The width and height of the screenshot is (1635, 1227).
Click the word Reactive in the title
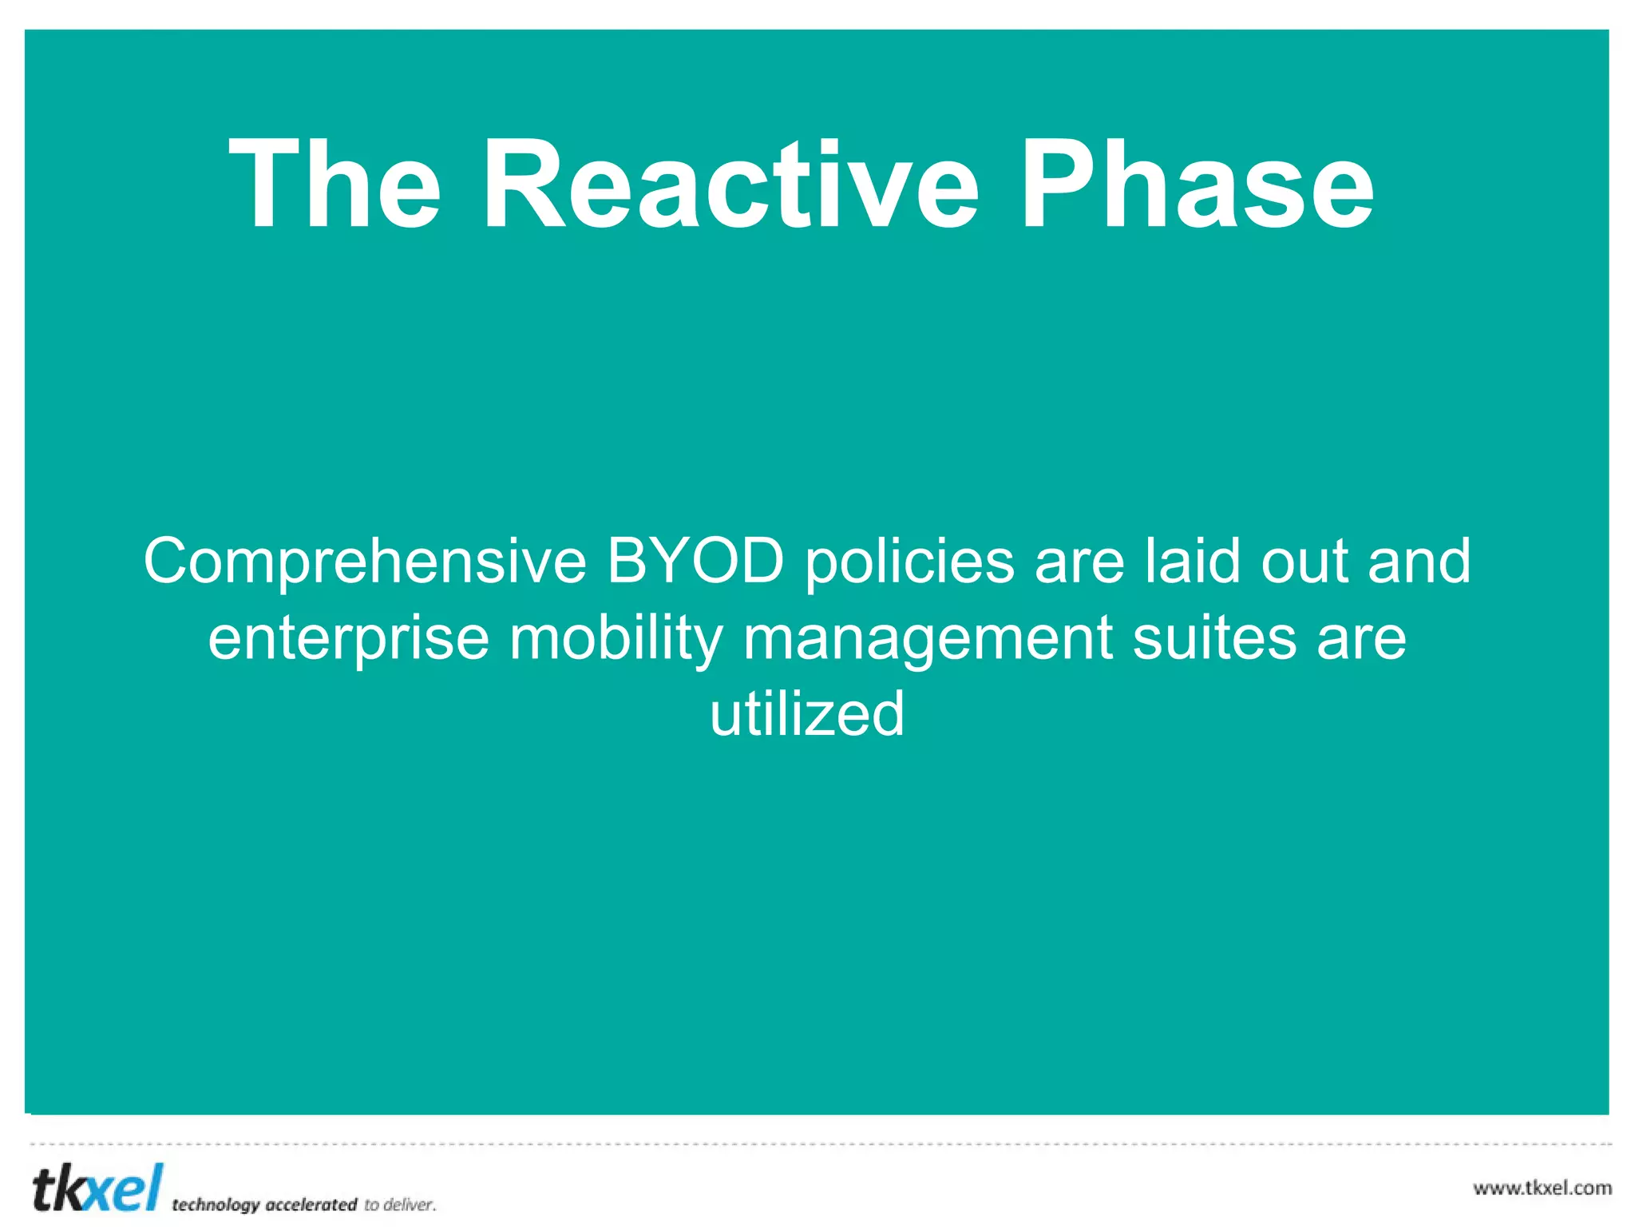tap(730, 185)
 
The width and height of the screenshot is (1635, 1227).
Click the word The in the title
tap(335, 185)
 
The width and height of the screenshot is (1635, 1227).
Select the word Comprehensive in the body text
tap(365, 562)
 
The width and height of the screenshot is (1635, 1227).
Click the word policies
tap(909, 562)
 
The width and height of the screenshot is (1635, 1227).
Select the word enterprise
tap(348, 639)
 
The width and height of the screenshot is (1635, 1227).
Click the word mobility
tap(616, 639)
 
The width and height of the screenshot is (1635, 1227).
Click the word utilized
tap(807, 713)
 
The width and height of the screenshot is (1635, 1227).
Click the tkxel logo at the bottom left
tap(97, 1188)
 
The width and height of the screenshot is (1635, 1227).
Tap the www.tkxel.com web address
tap(1542, 1188)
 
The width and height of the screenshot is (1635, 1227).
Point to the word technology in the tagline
tap(216, 1205)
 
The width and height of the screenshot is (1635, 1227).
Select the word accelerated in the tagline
tap(311, 1204)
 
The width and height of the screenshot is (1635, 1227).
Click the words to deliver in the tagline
tap(400, 1204)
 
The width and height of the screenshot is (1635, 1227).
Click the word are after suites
tap(1361, 639)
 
